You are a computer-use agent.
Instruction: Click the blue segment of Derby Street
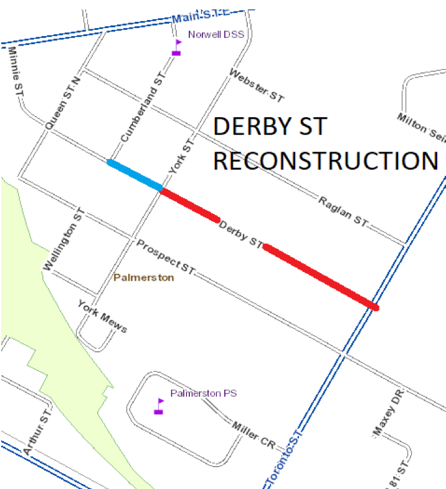tap(135, 175)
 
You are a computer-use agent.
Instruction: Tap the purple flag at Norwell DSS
tap(177, 48)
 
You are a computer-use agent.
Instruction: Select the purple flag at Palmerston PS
tap(159, 407)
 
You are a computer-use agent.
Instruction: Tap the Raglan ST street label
tap(343, 211)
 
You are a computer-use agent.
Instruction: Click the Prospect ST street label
tap(166, 257)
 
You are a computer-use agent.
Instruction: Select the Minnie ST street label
tap(14, 74)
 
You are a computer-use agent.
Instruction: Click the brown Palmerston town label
tap(144, 278)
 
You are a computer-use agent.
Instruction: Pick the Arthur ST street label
tap(36, 433)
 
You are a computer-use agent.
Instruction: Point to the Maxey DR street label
tap(389, 414)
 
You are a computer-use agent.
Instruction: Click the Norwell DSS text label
tap(217, 35)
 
